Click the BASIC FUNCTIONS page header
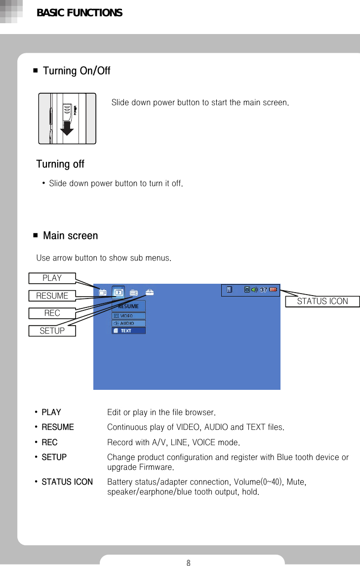pos(80,13)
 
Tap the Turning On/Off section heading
pos(77,71)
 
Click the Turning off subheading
pos(60,164)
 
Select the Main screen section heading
pos(70,236)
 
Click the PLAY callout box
pos(52,278)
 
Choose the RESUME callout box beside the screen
pos(52,296)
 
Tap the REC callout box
pos(52,313)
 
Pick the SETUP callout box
pos(52,331)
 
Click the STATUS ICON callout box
pos(322,302)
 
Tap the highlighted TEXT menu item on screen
pos(128,331)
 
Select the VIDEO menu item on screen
pos(128,316)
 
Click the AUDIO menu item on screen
pos(128,323)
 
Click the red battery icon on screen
pos(274,290)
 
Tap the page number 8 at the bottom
pos(188,562)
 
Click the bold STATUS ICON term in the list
pos(67,482)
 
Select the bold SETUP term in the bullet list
pos(54,457)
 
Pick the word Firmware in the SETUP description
pos(156,467)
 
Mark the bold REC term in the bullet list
pos(49,442)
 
